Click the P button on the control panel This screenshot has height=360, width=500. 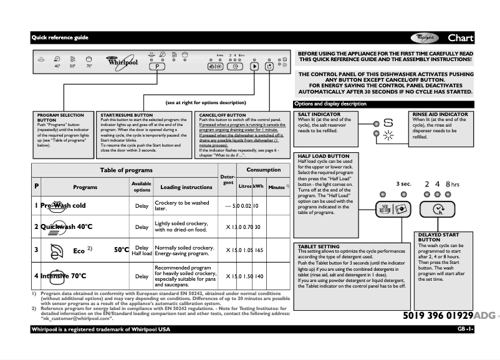pos(157,66)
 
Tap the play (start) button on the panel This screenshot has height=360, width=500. pos(254,66)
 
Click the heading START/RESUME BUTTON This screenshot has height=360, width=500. pos(127,115)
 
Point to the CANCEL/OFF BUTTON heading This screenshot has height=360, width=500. pos(223,115)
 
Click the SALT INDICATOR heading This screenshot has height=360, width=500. pos(319,115)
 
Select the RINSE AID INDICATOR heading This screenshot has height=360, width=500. pos(440,115)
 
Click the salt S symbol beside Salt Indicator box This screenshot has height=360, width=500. pos(388,124)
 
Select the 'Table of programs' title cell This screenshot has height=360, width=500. pos(126,170)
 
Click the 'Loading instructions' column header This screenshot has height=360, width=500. pos(186,187)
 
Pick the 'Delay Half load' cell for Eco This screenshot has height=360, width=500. pos(142,251)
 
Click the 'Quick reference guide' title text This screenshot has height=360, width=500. pos(60,37)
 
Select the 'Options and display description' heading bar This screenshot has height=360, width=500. pos(330,104)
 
